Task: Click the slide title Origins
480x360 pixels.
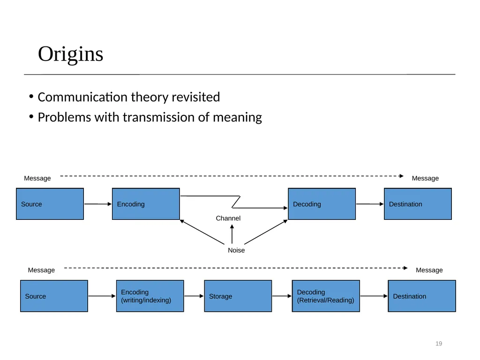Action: pyautogui.click(x=70, y=54)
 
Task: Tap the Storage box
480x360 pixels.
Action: pyautogui.click(x=238, y=296)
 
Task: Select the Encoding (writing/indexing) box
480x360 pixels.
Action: pyautogui.click(x=150, y=296)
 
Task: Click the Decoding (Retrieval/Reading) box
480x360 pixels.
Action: pyautogui.click(x=326, y=296)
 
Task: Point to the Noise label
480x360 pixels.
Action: pyautogui.click(x=236, y=250)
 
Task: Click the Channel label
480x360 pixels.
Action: pyautogui.click(x=228, y=218)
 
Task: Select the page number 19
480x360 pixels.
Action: pyautogui.click(x=439, y=344)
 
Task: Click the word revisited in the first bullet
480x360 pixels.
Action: pyautogui.click(x=195, y=97)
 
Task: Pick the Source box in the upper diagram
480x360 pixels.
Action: pyautogui.click(x=50, y=204)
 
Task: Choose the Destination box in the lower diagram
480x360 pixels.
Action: pyautogui.click(x=422, y=296)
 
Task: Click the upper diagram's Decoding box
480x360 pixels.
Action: pyautogui.click(x=322, y=204)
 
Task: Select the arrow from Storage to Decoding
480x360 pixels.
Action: pyautogui.click(x=282, y=296)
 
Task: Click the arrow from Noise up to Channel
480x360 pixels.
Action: pyautogui.click(x=232, y=234)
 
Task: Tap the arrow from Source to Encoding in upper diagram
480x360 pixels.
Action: pyautogui.click(x=98, y=204)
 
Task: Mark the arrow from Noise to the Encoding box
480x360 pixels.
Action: pyautogui.click(x=202, y=232)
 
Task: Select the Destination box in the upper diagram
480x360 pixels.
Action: pyautogui.click(x=418, y=204)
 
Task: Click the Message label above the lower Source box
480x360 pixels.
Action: pyautogui.click(x=41, y=270)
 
